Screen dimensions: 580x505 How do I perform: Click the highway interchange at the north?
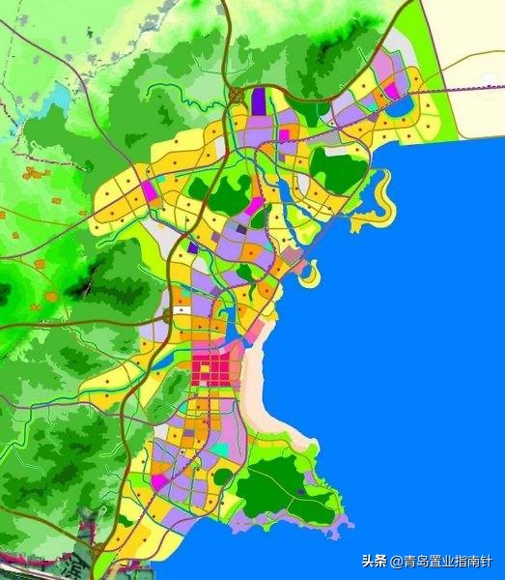(236, 94)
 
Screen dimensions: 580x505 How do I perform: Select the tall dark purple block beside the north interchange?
(259, 100)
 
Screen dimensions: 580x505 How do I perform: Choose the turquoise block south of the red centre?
(222, 449)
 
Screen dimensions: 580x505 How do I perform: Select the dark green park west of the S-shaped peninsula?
(338, 169)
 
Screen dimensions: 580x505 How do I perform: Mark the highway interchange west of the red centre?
(168, 316)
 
